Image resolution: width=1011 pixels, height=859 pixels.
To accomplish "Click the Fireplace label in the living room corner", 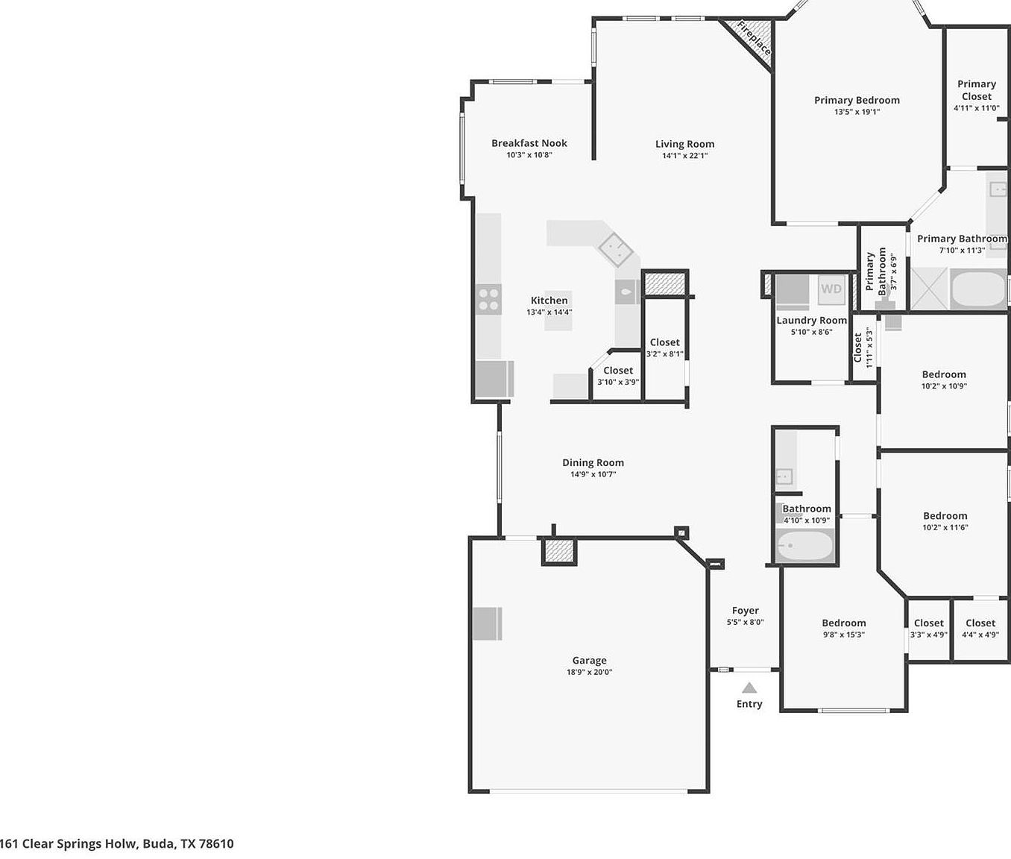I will [753, 38].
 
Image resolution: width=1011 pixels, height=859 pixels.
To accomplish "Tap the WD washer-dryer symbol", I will [831, 289].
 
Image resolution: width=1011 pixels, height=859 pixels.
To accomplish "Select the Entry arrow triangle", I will [749, 688].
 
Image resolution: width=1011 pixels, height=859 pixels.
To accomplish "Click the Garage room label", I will [589, 660].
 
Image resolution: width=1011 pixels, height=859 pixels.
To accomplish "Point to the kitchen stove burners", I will [489, 300].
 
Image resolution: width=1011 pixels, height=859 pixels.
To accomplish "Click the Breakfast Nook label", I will [529, 143].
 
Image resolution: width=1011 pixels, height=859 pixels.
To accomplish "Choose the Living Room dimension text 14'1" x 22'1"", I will [684, 156].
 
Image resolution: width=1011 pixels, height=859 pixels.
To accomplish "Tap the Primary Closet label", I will [976, 90].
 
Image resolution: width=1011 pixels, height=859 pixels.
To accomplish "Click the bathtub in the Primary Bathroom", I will [978, 290].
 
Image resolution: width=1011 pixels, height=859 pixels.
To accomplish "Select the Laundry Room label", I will [811, 321].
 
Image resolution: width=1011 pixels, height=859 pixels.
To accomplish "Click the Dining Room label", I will [593, 462].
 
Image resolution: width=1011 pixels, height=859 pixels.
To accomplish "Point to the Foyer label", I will [745, 610].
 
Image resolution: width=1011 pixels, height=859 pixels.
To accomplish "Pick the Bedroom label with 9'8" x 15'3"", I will [843, 623].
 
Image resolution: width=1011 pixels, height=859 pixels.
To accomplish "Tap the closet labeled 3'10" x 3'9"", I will [617, 376].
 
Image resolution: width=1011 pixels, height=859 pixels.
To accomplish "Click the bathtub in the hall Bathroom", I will [804, 546].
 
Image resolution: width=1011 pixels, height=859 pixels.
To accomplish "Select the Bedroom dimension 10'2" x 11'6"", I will [945, 527].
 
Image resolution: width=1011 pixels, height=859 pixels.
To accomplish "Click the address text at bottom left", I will [117, 843].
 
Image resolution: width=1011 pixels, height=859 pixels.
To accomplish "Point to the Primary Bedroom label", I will [857, 100].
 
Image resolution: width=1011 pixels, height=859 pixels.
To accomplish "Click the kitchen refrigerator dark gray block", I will [494, 379].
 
